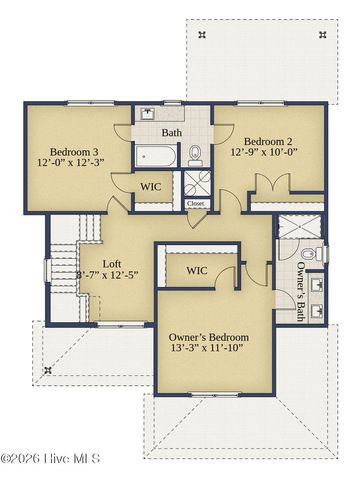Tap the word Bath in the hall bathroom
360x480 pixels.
point(171,132)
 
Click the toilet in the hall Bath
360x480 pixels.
point(196,154)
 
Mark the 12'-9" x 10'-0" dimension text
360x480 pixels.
point(269,154)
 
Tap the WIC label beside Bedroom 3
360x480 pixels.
point(151,187)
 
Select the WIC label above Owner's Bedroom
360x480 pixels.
point(197,270)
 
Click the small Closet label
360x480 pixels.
point(195,204)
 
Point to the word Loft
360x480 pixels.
point(112,266)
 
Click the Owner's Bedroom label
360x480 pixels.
point(209,338)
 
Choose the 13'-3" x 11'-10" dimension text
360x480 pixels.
point(209,352)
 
